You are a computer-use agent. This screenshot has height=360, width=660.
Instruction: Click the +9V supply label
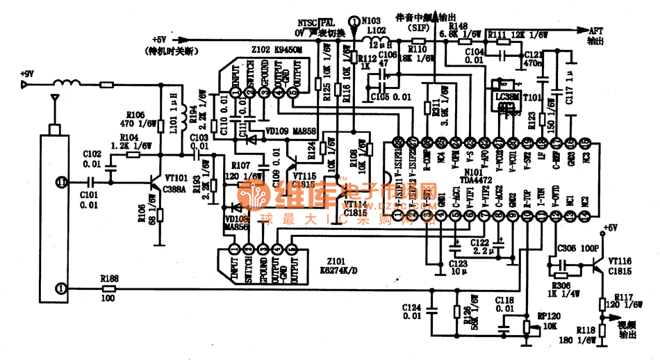click(27, 73)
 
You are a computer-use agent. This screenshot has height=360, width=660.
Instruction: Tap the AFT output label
click(596, 31)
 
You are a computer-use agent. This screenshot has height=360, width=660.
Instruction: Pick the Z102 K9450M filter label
click(277, 50)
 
